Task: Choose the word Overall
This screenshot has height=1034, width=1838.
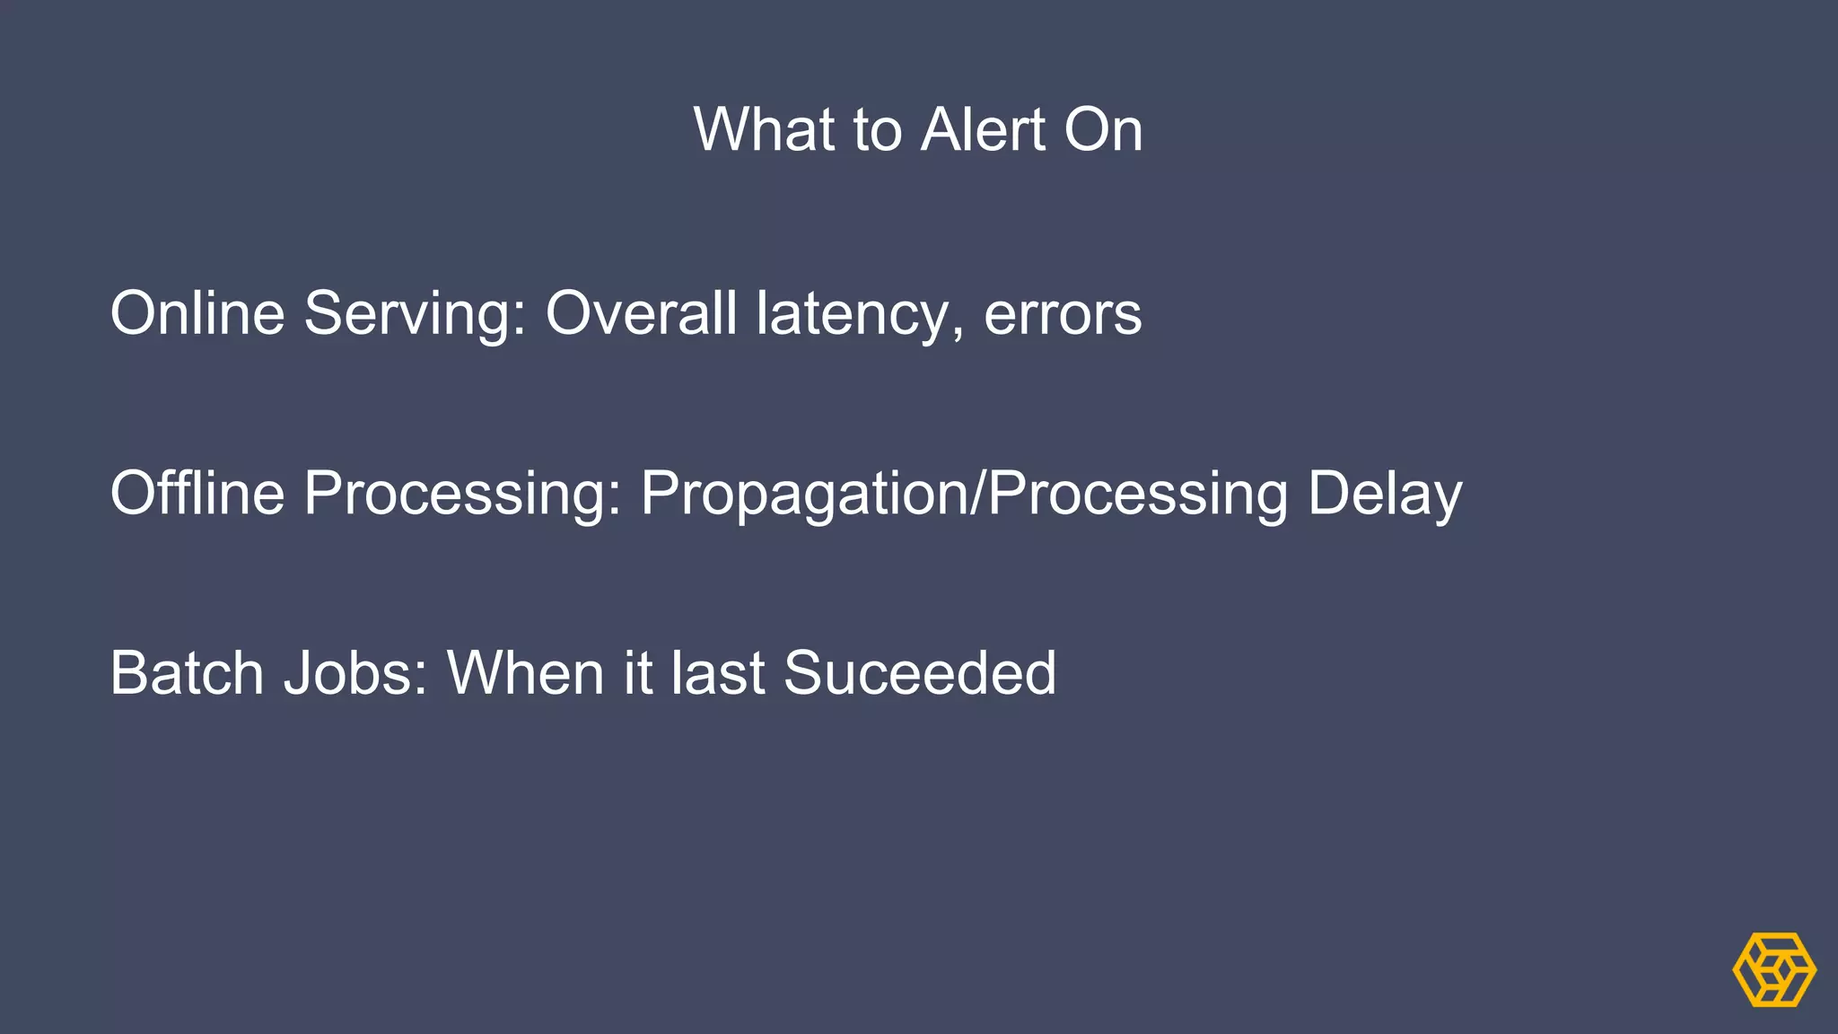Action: tap(641, 313)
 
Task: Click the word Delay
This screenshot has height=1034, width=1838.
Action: tap(1385, 495)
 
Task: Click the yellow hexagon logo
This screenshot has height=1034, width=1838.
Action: tap(1774, 969)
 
